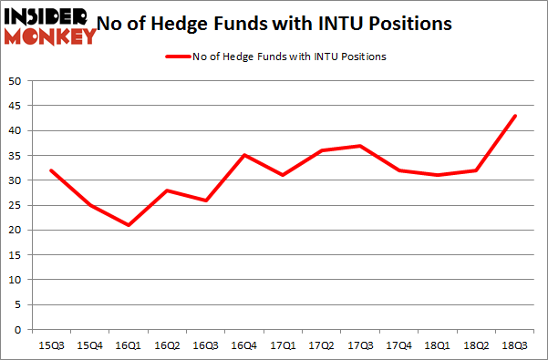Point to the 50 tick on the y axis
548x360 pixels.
point(15,81)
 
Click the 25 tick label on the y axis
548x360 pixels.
point(15,206)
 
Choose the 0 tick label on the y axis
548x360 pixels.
point(17,330)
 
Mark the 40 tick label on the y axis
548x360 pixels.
point(15,131)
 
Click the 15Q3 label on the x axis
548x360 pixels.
point(51,345)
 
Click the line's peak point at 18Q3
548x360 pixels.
point(515,116)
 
